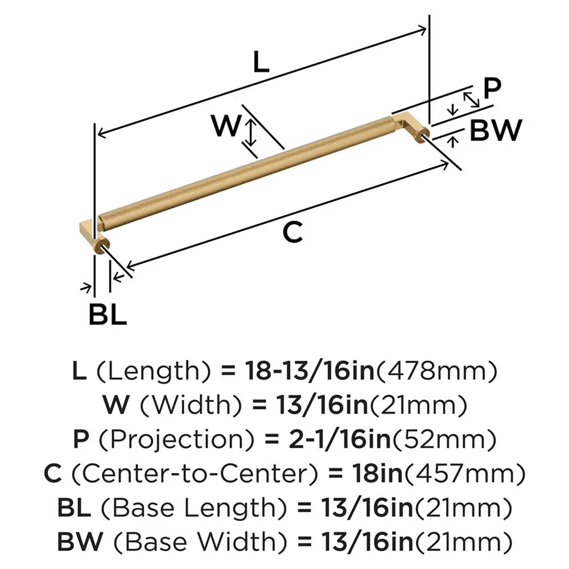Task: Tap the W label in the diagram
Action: (x=226, y=126)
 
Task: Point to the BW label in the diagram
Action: (x=496, y=131)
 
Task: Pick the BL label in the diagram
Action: (x=108, y=314)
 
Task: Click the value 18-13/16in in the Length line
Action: (x=308, y=372)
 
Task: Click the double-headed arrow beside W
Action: (x=249, y=132)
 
